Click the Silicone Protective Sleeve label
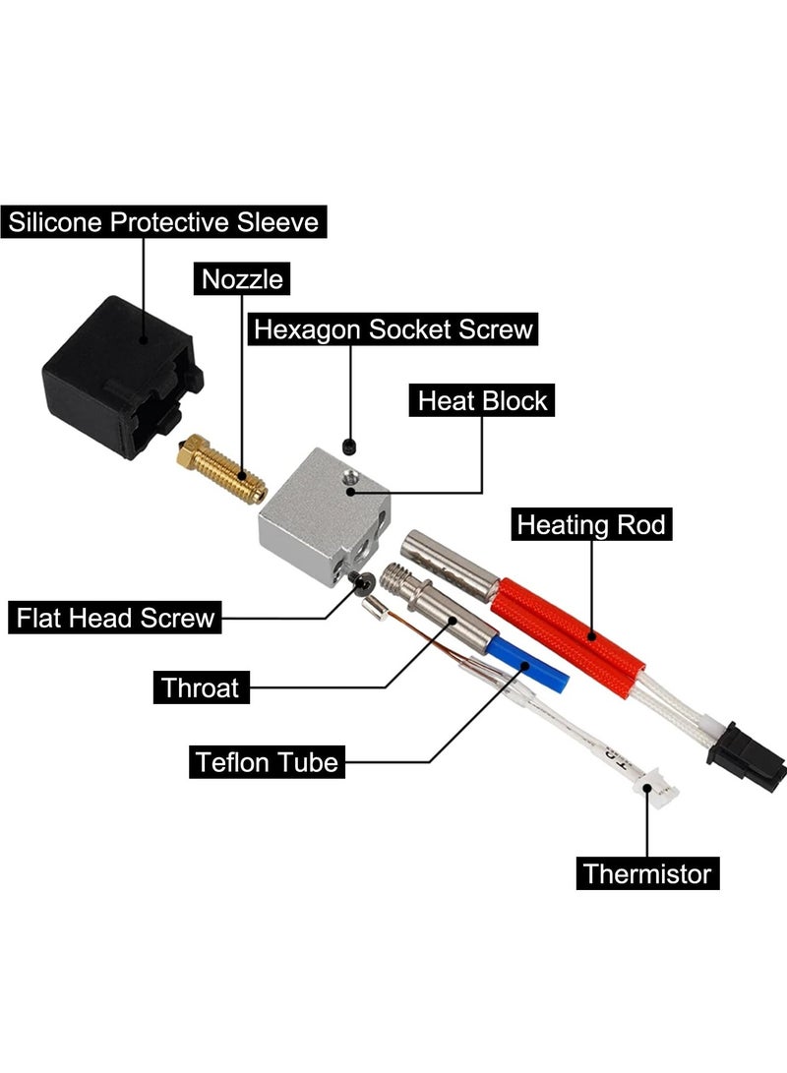point(163,221)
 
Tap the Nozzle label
point(242,279)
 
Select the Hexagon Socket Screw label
point(393,329)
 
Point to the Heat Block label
point(482,400)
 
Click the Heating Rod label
point(591,524)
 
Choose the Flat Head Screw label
point(115,618)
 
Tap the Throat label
point(201,687)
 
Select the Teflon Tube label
point(267,761)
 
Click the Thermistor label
point(647,873)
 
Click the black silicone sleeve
point(122,378)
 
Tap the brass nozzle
point(220,470)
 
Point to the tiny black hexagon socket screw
point(349,447)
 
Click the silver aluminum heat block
point(323,516)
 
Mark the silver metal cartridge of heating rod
point(451,565)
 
